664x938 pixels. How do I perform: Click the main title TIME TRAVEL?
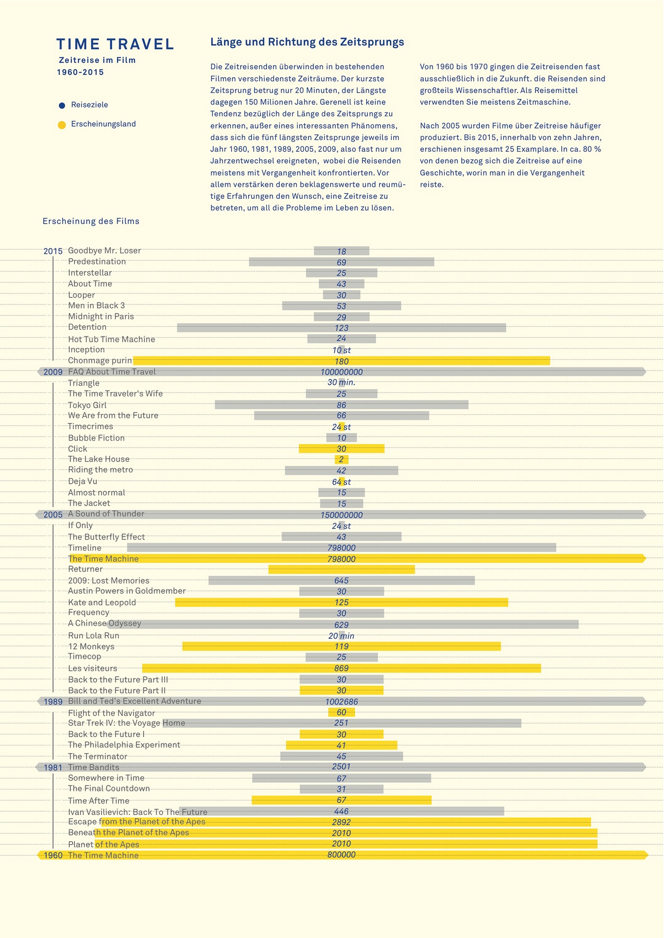(115, 44)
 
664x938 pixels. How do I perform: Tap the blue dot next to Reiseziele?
(62, 105)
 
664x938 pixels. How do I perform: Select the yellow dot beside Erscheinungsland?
(62, 125)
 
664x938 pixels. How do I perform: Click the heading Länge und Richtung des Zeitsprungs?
(307, 42)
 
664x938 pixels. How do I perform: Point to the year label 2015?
(53, 251)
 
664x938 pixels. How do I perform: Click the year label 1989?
(53, 702)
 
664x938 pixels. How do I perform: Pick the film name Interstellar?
(90, 273)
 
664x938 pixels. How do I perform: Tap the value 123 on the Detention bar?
(341, 328)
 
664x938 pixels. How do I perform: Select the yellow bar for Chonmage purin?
(427, 361)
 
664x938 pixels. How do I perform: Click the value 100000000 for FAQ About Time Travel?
(341, 372)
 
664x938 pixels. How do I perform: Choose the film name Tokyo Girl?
(87, 405)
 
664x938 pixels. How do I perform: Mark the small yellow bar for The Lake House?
(341, 460)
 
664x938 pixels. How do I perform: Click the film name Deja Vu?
(83, 481)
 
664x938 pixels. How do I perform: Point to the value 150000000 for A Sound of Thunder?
(341, 515)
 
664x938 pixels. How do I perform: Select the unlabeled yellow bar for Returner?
(341, 570)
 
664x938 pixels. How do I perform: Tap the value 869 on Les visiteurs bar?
(341, 668)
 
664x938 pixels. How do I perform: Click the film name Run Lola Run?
(93, 636)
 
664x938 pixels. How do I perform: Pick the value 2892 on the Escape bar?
(341, 822)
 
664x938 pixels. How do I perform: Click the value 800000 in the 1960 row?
(341, 855)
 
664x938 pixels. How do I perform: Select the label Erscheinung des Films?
(91, 221)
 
